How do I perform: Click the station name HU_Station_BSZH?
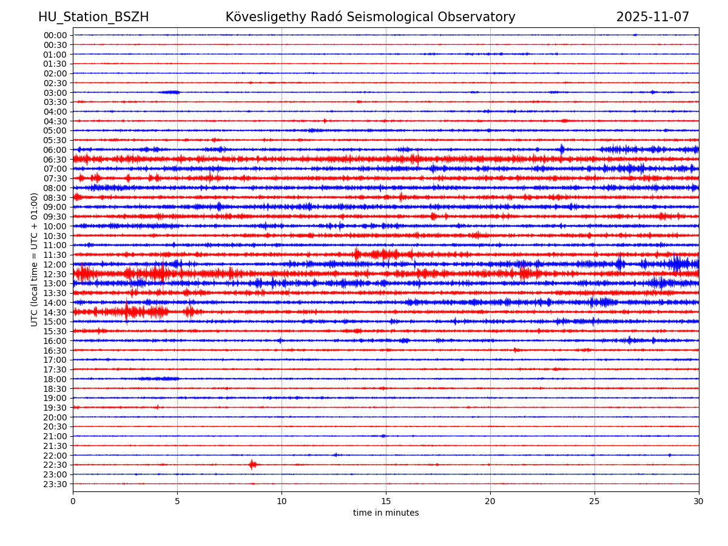click(x=93, y=17)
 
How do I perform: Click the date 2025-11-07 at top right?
click(x=653, y=17)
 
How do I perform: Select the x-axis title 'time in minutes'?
click(x=386, y=513)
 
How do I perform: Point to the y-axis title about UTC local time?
click(x=35, y=259)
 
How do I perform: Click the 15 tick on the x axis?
click(x=386, y=501)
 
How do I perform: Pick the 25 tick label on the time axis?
click(x=595, y=501)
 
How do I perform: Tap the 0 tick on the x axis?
click(x=73, y=501)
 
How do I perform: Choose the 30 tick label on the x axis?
click(x=699, y=501)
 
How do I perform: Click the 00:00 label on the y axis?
click(x=55, y=35)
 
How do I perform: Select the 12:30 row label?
click(x=55, y=274)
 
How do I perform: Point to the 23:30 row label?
click(x=55, y=484)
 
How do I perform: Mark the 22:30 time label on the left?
click(x=55, y=465)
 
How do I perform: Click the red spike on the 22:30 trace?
click(x=252, y=465)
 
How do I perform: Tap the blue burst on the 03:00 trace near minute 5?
click(x=170, y=92)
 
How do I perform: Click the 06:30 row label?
click(x=55, y=160)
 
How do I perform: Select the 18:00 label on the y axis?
click(x=55, y=379)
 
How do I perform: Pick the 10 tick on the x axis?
click(x=281, y=501)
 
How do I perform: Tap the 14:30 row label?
click(x=55, y=312)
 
